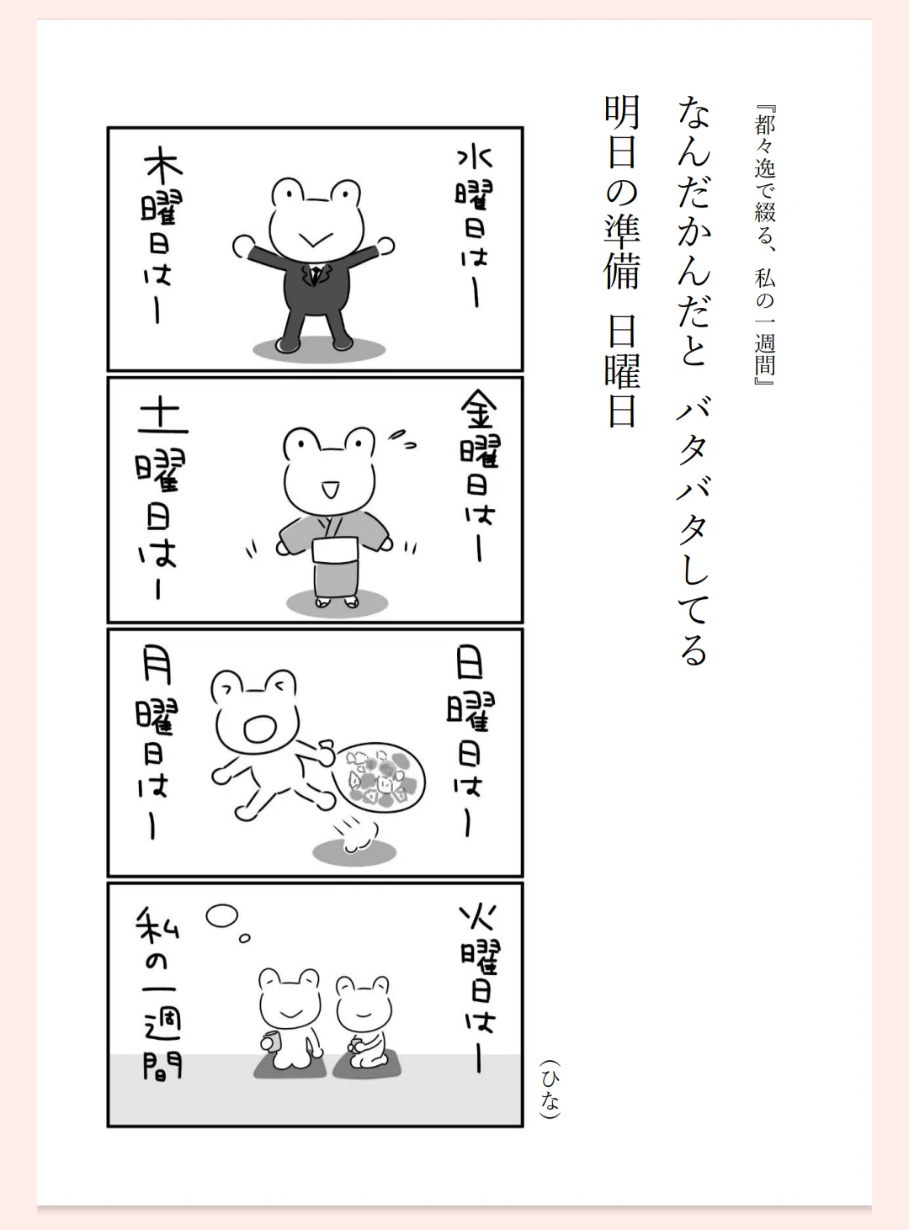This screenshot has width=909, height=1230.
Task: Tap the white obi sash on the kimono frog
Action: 336,550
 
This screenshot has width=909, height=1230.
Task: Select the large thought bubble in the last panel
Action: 222,916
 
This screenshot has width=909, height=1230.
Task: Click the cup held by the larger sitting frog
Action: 272,1041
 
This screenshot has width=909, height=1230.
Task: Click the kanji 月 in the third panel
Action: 157,665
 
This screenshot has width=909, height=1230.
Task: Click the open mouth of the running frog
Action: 260,728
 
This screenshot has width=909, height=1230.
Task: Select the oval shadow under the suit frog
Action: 319,349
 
